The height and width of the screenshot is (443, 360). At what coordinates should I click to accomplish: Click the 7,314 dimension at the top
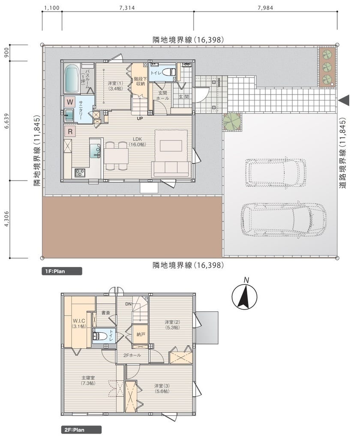[x=127, y=8]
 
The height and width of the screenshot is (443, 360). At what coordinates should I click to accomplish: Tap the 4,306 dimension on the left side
[x=6, y=219]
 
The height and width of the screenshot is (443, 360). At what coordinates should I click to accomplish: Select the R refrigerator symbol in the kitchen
[x=69, y=132]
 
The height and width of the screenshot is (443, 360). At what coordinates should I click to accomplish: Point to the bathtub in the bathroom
[x=71, y=78]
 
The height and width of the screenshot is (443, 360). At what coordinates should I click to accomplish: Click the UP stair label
[x=140, y=119]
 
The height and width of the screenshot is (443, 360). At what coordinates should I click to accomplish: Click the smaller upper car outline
[x=276, y=172]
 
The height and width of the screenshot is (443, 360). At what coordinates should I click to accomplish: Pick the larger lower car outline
[x=283, y=219]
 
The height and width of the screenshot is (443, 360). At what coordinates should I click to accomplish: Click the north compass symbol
[x=245, y=295]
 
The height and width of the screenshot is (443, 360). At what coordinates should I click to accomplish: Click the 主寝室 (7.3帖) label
[x=88, y=380]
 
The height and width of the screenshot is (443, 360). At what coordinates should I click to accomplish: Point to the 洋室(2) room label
[x=172, y=325]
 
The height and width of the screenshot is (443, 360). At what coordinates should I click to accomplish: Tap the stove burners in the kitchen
[x=80, y=173]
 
